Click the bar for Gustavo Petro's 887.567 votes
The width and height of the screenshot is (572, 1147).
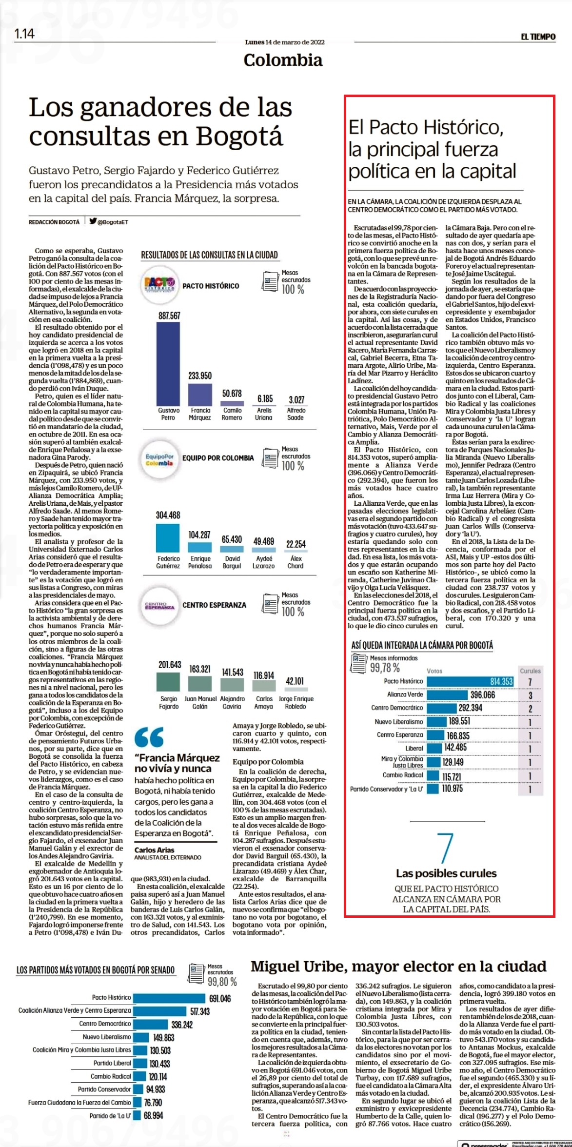pyautogui.click(x=168, y=363)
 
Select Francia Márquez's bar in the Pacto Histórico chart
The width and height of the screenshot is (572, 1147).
pyautogui.click(x=200, y=394)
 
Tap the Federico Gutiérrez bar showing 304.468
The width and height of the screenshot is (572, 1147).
pyautogui.click(x=168, y=538)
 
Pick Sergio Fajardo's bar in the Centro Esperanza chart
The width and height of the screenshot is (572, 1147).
pyautogui.click(x=168, y=682)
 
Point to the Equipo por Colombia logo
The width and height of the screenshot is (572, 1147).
pyautogui.click(x=159, y=459)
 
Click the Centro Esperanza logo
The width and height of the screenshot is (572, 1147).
pyautogui.click(x=159, y=605)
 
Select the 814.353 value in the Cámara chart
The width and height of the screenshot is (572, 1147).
pyautogui.click(x=501, y=681)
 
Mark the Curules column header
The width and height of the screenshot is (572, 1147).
pyautogui.click(x=530, y=671)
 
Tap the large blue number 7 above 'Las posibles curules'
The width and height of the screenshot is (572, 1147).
pyautogui.click(x=445, y=848)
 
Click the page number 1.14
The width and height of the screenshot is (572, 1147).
pyautogui.click(x=24, y=34)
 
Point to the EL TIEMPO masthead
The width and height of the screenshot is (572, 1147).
pyautogui.click(x=538, y=37)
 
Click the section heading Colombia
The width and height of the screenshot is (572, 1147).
pyautogui.click(x=283, y=60)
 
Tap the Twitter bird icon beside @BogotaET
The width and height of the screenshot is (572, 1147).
pyautogui.click(x=93, y=220)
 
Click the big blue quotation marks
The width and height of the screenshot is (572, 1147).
pyautogui.click(x=149, y=737)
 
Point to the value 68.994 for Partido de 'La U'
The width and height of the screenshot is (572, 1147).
pyautogui.click(x=153, y=1115)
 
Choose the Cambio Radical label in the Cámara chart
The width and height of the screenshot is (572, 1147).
pyautogui.click(x=403, y=775)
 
